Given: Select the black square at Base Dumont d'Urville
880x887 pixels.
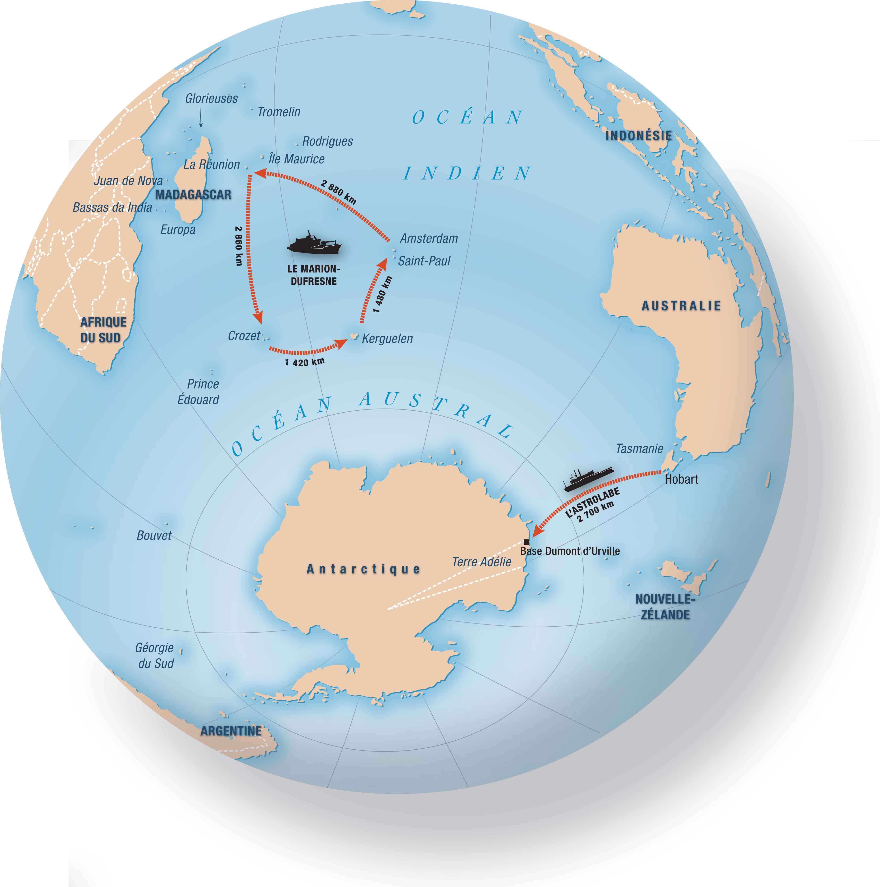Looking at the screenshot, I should (x=526, y=542).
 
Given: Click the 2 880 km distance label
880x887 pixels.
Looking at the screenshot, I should (x=339, y=192).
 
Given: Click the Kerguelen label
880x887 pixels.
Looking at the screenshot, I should (x=387, y=339).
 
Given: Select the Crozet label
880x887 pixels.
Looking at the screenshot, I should (x=244, y=336).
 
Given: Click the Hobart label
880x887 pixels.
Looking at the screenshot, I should (x=681, y=479).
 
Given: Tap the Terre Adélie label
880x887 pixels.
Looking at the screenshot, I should (x=481, y=562).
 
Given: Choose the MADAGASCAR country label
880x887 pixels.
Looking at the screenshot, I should (x=193, y=195).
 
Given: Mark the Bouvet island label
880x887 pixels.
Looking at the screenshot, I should (x=154, y=535).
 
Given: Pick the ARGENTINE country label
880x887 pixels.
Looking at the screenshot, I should (x=231, y=731).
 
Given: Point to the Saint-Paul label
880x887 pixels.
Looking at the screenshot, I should (x=424, y=261).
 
